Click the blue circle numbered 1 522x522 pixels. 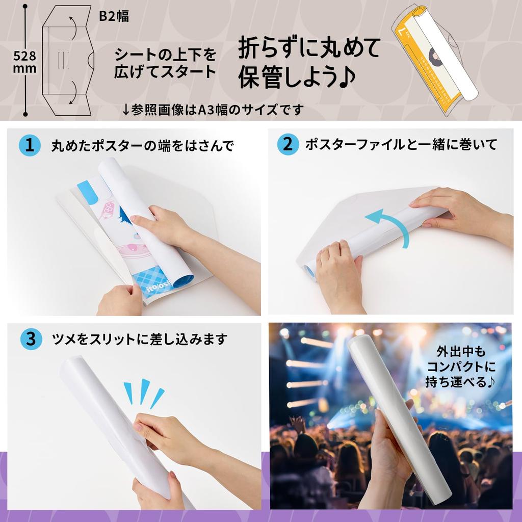click(x=30, y=146)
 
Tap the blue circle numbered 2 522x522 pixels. click(x=288, y=145)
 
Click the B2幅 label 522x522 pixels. click(x=114, y=16)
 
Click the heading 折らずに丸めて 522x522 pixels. click(x=309, y=49)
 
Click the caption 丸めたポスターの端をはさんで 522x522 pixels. click(x=142, y=146)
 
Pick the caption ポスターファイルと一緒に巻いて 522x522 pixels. click(x=401, y=145)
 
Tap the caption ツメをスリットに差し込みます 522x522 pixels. click(x=139, y=339)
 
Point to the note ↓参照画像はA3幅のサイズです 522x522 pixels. click(x=213, y=109)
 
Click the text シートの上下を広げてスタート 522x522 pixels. click(x=165, y=62)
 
